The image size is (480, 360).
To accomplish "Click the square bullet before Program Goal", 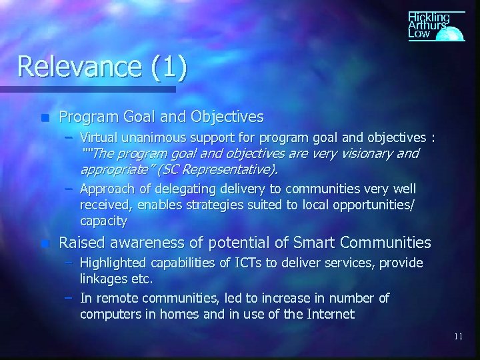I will pos(45,117).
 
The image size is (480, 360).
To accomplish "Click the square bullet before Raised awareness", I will pos(45,243).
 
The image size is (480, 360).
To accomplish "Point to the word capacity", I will pos(103,219).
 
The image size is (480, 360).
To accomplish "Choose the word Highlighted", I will pos(113,263).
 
